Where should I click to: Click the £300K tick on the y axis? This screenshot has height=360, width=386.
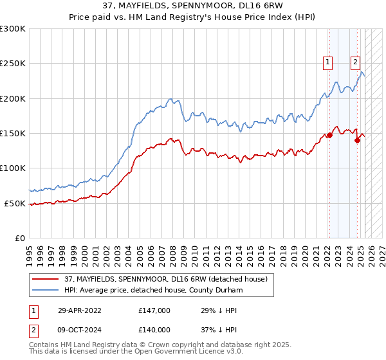[13, 29]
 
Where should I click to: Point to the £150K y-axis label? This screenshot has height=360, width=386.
[13, 133]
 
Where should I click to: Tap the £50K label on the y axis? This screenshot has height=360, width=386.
[15, 203]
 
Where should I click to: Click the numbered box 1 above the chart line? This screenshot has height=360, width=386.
[328, 62]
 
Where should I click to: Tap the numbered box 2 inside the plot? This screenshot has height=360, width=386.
[355, 62]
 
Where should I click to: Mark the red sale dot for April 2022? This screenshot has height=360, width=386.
[329, 135]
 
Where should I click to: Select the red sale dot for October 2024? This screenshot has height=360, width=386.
[356, 140]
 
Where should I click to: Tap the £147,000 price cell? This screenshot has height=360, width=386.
[154, 310]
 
